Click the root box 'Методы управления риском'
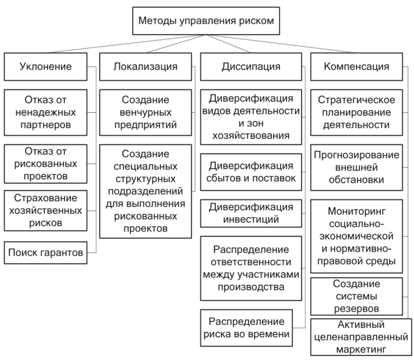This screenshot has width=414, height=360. (206, 21)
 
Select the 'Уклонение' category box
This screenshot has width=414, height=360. (45, 67)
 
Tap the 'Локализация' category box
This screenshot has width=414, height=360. (145, 67)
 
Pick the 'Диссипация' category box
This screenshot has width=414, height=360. (251, 67)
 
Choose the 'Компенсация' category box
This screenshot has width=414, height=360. (356, 67)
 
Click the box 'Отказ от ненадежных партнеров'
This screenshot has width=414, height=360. (45, 112)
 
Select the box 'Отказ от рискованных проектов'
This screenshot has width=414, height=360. (45, 164)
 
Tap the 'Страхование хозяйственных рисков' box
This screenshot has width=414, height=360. (45, 211)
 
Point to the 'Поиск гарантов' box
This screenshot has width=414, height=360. (45, 253)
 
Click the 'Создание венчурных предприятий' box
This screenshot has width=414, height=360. (145, 112)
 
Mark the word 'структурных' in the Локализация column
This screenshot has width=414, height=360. (145, 179)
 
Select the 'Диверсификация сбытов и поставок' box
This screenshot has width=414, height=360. (251, 172)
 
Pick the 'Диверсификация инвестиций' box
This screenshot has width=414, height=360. (251, 214)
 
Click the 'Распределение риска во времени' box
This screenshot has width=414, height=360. (246, 328)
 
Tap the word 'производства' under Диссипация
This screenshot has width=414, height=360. (251, 287)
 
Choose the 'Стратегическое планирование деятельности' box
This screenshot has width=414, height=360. (356, 112)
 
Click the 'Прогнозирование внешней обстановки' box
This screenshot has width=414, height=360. (356, 168)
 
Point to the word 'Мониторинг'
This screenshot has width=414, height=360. (356, 211)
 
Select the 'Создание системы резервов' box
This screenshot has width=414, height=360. (356, 296)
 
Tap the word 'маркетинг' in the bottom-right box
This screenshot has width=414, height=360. (361, 350)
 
